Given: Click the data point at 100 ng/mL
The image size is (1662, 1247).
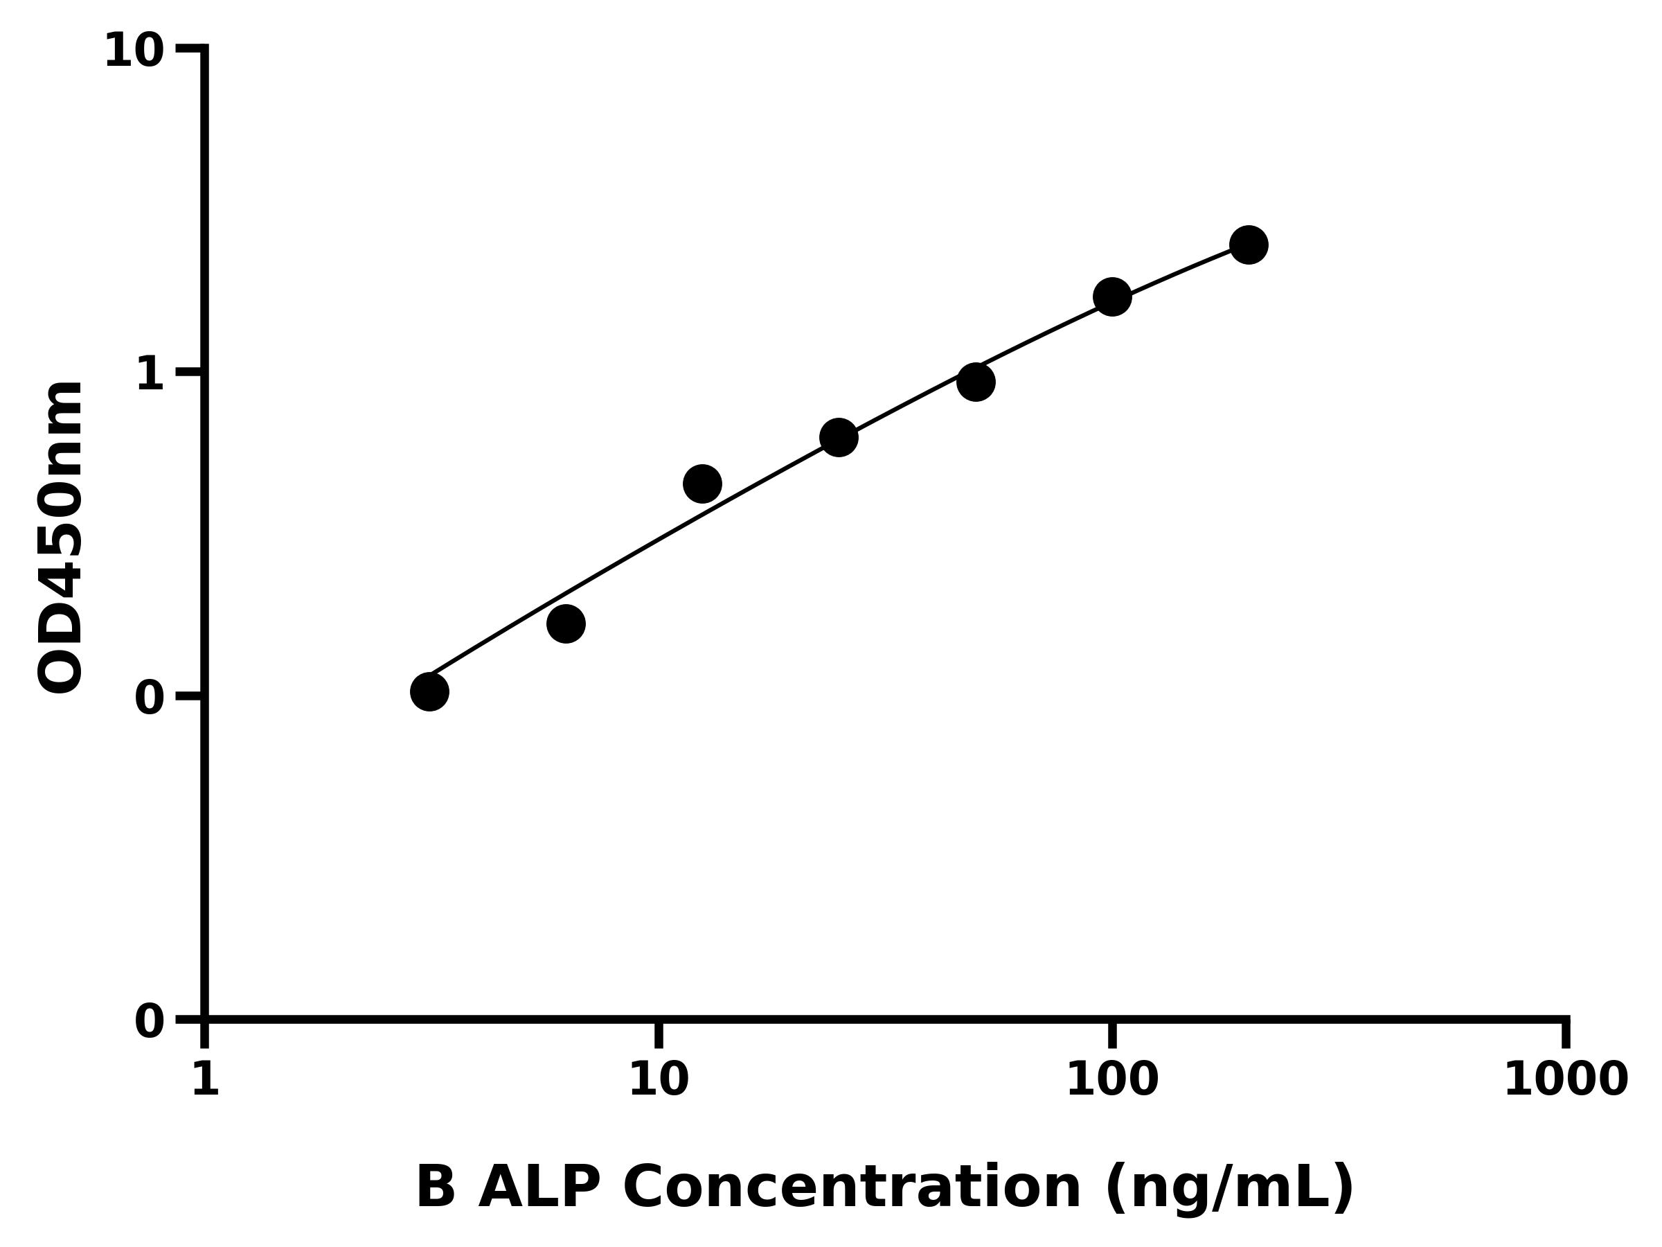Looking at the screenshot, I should tap(1112, 297).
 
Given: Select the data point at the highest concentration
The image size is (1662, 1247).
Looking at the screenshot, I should tap(1249, 245).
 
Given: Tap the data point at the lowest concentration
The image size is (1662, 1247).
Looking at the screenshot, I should tap(429, 691).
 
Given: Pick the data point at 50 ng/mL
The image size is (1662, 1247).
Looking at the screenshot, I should tap(976, 382).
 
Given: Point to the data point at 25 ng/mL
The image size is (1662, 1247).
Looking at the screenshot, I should tap(839, 437).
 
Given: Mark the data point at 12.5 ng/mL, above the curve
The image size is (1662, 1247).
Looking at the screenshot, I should tap(702, 484).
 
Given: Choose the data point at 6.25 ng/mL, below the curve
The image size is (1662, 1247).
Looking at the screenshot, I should tap(566, 624).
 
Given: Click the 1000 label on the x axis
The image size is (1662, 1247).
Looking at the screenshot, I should tap(1565, 1081).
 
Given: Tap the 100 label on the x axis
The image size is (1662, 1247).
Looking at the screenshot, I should tap(1112, 1081).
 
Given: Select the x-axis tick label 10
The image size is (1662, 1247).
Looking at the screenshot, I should tap(658, 1081).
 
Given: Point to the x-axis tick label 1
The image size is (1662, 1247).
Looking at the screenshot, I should tap(205, 1081).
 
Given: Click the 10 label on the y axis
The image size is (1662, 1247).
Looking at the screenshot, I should tap(134, 51).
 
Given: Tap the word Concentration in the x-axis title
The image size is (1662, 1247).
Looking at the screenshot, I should tap(852, 1187).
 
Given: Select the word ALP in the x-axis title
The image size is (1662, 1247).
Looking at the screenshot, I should tap(538, 1187).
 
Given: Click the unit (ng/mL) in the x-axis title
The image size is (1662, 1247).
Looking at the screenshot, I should tap(1229, 1189).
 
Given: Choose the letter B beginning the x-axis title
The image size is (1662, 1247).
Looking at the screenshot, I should tap(436, 1187).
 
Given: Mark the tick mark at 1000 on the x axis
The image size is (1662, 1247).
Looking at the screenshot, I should tap(1566, 1033).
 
